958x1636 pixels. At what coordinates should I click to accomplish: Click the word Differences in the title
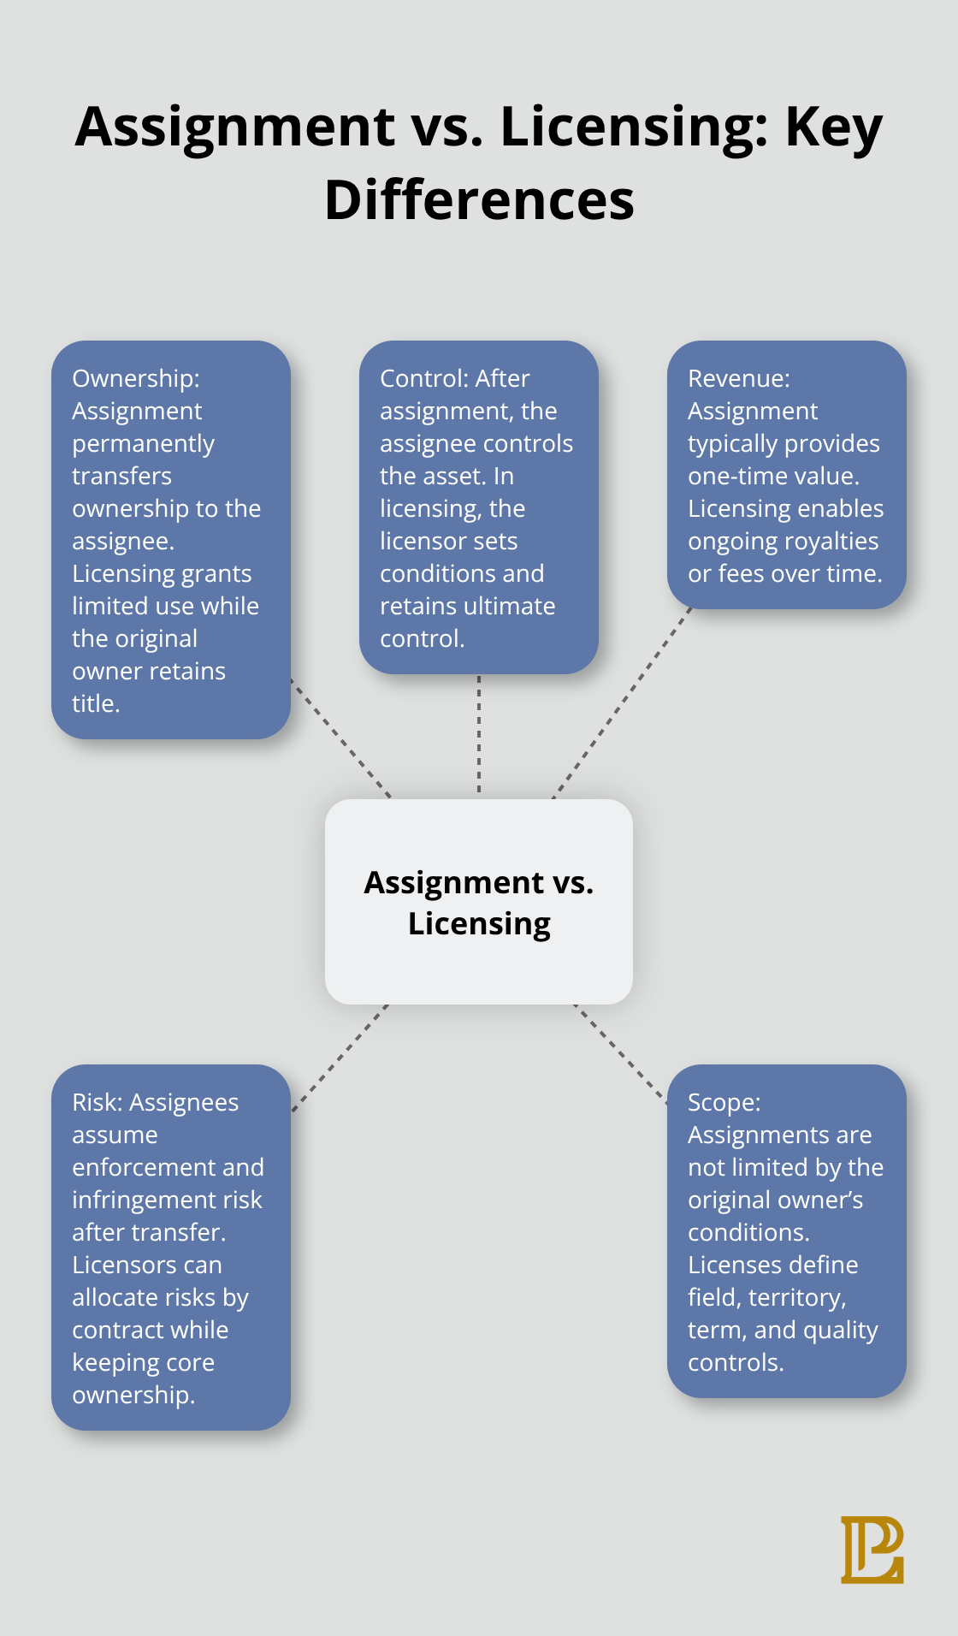pyautogui.click(x=479, y=200)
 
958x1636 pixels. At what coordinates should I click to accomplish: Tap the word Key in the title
pyautogui.click(x=833, y=127)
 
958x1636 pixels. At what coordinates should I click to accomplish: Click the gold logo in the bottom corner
pyautogui.click(x=872, y=1550)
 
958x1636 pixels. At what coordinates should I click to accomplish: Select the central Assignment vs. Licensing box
pyautogui.click(x=479, y=902)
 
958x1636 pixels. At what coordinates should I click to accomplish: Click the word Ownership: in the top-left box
pyautogui.click(x=136, y=378)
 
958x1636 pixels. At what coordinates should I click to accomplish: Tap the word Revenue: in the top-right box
pyautogui.click(x=739, y=378)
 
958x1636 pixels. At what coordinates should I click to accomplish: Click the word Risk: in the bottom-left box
pyautogui.click(x=98, y=1102)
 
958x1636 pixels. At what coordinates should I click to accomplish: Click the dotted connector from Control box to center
pyautogui.click(x=479, y=736)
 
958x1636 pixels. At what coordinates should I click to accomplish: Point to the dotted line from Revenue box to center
pyautogui.click(x=623, y=703)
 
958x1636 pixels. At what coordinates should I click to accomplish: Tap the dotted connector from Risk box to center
pyautogui.click(x=340, y=1058)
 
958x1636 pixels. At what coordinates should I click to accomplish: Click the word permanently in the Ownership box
pyautogui.click(x=144, y=443)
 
